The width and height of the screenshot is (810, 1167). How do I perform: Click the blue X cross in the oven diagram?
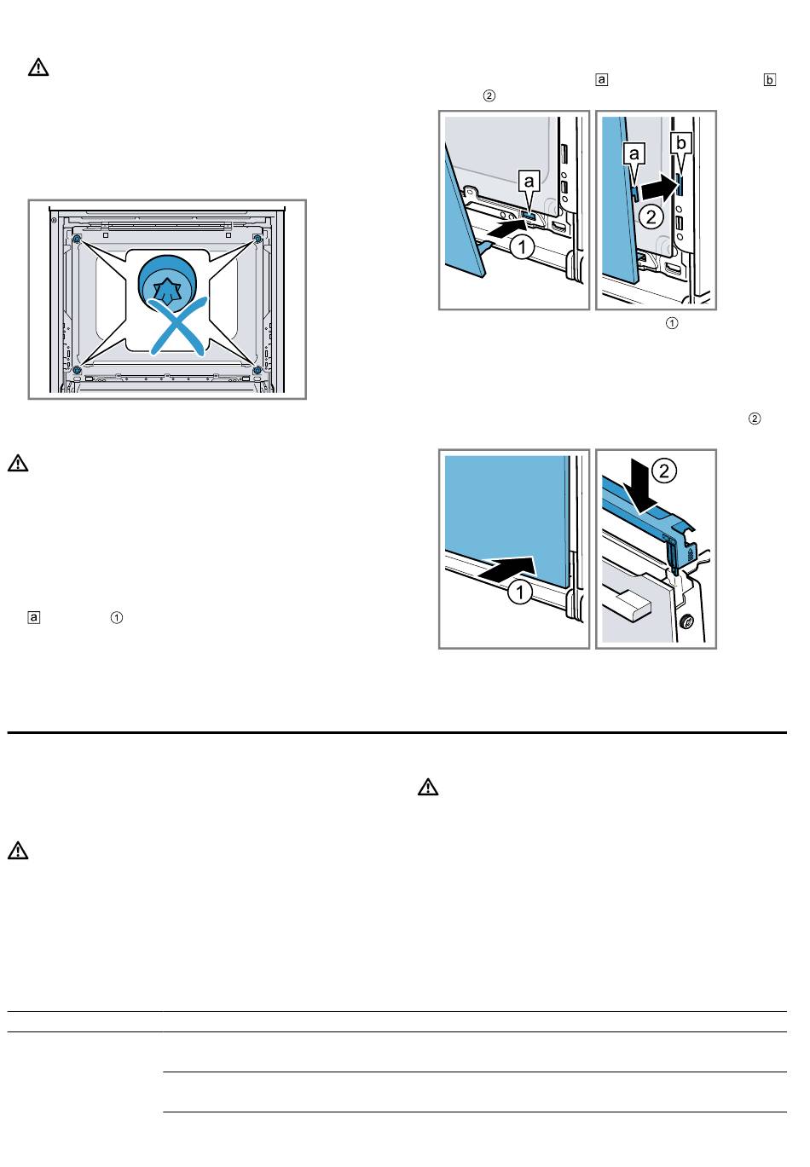[x=177, y=326]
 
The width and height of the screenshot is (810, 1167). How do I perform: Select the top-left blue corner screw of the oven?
[x=77, y=239]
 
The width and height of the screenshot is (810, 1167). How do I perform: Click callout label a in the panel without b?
[x=529, y=181]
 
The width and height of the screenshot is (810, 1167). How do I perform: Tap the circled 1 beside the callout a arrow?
[x=521, y=247]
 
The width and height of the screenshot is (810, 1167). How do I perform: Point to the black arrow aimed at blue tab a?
[x=505, y=228]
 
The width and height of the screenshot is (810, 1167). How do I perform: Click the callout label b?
[x=681, y=142]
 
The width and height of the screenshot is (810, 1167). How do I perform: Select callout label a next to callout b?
[x=634, y=153]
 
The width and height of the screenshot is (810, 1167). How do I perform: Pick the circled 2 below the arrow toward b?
[x=651, y=217]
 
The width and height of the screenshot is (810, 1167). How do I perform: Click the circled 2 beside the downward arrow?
[x=664, y=471]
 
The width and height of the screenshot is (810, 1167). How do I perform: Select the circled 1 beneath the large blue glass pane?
[x=519, y=592]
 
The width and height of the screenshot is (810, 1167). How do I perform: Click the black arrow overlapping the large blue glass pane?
[x=506, y=568]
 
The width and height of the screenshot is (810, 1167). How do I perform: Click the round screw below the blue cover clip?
[x=687, y=621]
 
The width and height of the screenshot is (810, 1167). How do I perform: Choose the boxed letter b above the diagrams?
[x=769, y=80]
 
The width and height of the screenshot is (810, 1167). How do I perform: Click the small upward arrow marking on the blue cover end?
[x=691, y=552]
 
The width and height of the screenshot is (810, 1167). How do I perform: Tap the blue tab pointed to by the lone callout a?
[x=528, y=215]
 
